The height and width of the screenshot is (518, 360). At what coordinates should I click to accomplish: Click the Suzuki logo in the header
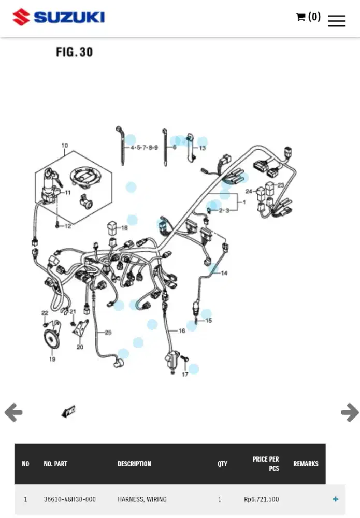(x=59, y=17)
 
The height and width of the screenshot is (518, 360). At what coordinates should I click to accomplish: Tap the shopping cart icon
(x=300, y=17)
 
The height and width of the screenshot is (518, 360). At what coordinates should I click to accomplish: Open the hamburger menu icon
(x=337, y=21)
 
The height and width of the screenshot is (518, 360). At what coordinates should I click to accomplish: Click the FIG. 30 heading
(x=74, y=52)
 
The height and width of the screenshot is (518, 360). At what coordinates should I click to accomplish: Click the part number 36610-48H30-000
(x=70, y=499)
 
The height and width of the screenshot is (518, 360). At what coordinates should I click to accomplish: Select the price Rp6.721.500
(x=261, y=499)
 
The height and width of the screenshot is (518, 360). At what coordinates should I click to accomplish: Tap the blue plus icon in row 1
(x=336, y=499)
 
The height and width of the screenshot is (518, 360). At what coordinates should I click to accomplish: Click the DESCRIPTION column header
(x=134, y=464)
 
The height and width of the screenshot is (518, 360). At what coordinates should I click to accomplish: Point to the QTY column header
(x=222, y=464)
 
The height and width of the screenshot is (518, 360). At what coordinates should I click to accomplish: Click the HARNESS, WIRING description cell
(x=142, y=499)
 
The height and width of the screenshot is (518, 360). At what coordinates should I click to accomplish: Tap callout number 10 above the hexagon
(x=65, y=146)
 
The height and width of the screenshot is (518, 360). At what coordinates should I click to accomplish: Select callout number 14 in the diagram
(x=224, y=273)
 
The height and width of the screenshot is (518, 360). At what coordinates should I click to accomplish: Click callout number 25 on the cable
(x=108, y=333)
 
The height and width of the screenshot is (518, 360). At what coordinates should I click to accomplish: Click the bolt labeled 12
(x=57, y=226)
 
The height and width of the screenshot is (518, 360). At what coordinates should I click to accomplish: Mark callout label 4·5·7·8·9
(x=144, y=147)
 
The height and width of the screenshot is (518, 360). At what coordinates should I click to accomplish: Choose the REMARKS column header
(x=306, y=464)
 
